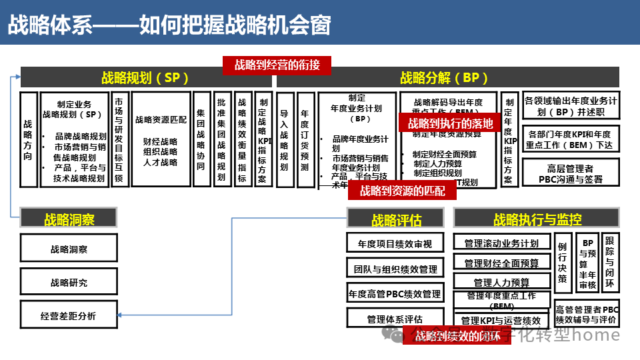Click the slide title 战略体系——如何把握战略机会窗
pos(169,25)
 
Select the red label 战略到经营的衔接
pos(277,65)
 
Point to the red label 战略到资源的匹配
pos(403,191)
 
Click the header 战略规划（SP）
pos(145,78)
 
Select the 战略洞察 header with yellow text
pos(69,218)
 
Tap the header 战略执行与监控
pos(537,219)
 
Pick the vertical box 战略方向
pos(28,139)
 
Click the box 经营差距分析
pos(68,315)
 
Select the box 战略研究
pos(69,282)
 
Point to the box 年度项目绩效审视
pos(395,243)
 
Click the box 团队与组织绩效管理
pos(395,269)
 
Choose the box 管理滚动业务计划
pos(501,243)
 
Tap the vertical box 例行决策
pos(562,263)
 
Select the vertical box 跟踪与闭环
pos(610,262)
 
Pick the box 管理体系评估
pos(395,319)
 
